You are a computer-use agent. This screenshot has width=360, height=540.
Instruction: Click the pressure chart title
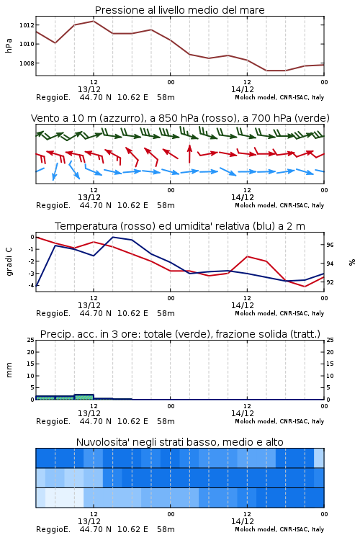point(179,10)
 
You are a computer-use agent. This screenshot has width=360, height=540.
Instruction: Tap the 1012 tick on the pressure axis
point(27,24)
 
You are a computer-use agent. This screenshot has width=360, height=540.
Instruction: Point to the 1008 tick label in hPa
point(27,63)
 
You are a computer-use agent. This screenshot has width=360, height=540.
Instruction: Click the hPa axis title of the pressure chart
point(9,45)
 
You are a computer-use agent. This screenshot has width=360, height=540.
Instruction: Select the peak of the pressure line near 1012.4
point(94,21)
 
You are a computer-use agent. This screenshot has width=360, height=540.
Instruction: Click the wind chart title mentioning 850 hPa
point(180,118)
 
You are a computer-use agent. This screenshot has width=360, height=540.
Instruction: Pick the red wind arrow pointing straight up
point(189,153)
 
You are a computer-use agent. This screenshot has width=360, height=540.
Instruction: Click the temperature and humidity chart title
point(180,226)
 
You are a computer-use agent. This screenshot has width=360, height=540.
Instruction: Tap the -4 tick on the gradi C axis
point(32,286)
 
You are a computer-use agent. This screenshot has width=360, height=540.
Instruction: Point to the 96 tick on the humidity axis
point(330,245)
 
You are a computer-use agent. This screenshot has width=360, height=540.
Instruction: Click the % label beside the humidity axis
point(352,262)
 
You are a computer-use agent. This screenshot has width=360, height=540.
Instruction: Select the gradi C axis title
point(9,261)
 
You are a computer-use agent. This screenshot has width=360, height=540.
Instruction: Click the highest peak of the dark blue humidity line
point(112,237)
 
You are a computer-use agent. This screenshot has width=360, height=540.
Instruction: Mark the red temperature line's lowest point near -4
point(305,287)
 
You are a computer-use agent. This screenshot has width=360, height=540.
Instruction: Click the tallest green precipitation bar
point(84,397)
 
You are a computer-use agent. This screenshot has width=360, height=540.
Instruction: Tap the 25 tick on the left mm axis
point(31,340)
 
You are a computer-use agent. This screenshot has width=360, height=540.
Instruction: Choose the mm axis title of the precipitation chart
point(9,370)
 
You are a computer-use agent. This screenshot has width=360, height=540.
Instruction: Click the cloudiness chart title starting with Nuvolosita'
point(179,442)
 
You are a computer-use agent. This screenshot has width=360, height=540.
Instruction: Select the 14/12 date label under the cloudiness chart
point(243,521)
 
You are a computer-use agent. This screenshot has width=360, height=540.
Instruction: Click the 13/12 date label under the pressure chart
point(89,89)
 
